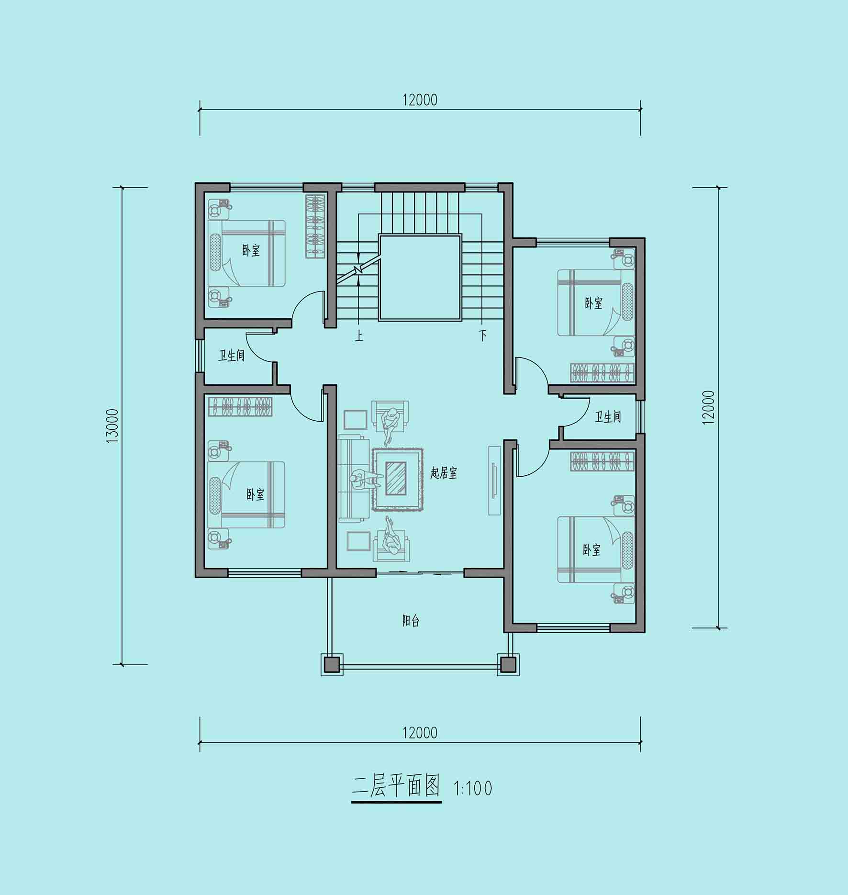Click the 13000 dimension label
[112, 425]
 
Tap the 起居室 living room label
[444, 473]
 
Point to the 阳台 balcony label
[411, 621]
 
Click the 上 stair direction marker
[359, 335]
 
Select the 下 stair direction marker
[483, 335]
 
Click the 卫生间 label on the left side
[232, 356]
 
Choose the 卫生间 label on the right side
[608, 417]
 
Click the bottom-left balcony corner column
[332, 664]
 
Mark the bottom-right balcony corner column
[508, 664]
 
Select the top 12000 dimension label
[420, 100]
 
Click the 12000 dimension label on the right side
[709, 408]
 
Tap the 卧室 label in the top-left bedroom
[251, 250]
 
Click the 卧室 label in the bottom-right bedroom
[591, 549]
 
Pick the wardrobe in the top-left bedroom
[315, 226]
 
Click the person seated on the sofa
[365, 480]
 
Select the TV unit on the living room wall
[494, 481]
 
